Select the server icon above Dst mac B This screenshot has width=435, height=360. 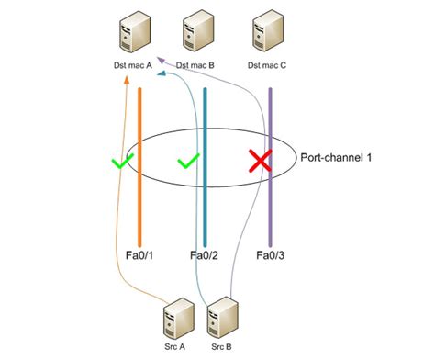click(x=196, y=32)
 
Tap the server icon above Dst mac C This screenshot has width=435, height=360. click(x=267, y=32)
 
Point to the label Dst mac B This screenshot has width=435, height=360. click(x=195, y=65)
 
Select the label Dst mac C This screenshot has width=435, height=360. click(x=268, y=65)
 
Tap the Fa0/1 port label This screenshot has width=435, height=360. click(x=135, y=255)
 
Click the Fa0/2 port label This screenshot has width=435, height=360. click(x=203, y=255)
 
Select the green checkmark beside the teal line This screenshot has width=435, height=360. click(x=188, y=162)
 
